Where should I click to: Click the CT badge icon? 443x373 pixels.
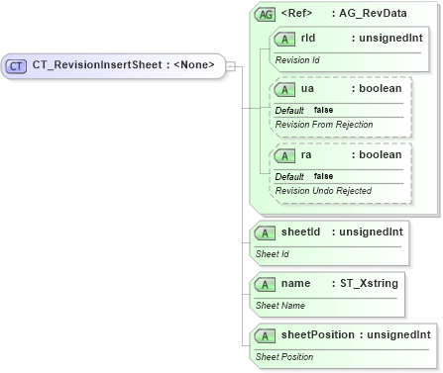point(16,66)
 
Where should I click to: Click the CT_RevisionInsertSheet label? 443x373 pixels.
point(124,66)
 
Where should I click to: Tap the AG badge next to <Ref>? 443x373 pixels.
point(265,15)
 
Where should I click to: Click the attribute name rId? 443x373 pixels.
point(307,39)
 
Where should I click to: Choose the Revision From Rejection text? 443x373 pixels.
point(323,125)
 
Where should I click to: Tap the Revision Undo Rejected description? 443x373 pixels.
point(322,190)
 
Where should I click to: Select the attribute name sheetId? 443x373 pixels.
point(300,233)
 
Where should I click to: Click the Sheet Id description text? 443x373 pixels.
point(273,253)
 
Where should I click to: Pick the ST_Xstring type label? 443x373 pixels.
point(369,284)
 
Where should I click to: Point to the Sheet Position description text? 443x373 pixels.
point(284,356)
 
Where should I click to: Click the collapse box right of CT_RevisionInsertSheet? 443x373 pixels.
point(230,66)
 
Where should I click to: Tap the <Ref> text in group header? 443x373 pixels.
point(297,15)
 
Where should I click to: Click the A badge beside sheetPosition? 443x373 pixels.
point(265,335)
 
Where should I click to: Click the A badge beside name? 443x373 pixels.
point(265,284)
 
